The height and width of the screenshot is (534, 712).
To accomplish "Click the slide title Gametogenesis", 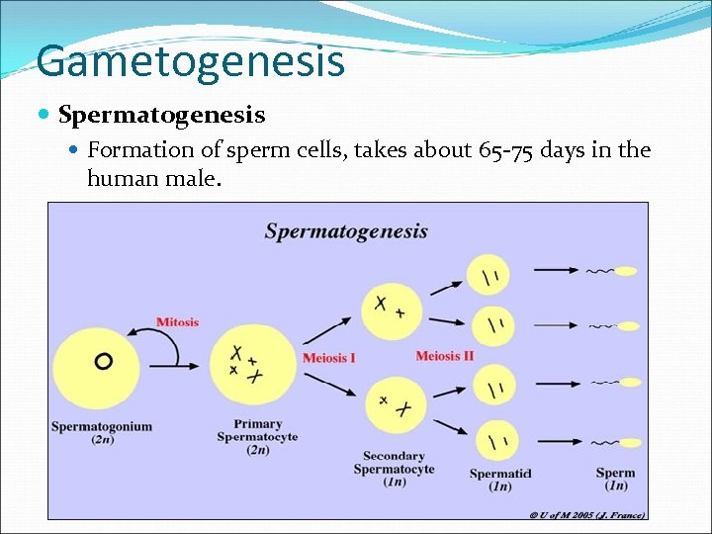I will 191,61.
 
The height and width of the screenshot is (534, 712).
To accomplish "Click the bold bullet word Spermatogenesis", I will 161,116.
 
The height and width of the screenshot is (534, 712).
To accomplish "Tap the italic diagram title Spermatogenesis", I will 346,231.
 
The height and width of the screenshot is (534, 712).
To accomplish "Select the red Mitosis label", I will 177,322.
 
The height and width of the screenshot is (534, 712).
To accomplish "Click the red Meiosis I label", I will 328,357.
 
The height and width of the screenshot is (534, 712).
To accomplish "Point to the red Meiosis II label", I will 444,356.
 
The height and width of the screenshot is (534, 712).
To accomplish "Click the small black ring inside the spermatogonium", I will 103,362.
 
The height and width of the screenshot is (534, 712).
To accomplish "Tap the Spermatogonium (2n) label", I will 102,433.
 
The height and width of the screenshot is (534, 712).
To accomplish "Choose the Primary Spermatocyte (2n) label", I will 257,437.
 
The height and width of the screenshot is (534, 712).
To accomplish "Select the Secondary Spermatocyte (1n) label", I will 394,469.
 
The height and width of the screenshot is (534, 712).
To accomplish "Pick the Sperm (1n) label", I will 615,480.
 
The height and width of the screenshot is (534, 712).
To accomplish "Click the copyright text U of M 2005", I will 586,514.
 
